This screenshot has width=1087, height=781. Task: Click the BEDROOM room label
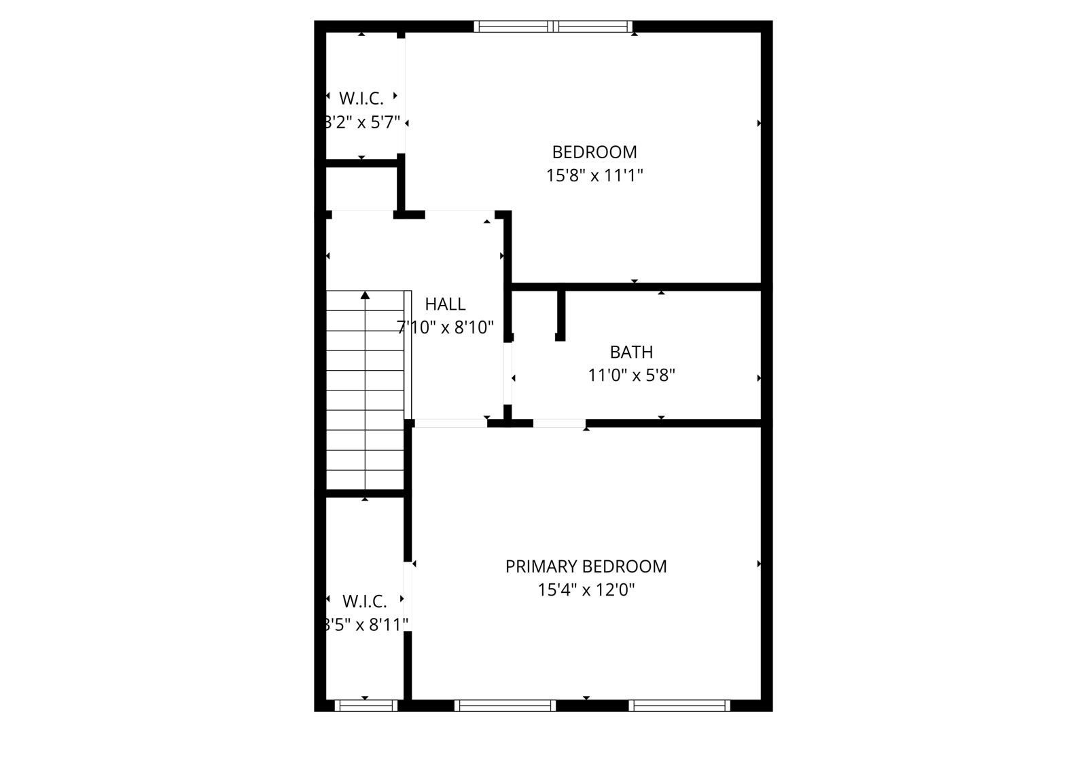(594, 151)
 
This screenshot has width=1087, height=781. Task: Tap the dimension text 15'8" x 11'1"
(594, 175)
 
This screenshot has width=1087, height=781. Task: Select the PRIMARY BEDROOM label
(586, 566)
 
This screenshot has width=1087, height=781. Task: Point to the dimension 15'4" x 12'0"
(586, 589)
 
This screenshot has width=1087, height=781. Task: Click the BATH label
(631, 352)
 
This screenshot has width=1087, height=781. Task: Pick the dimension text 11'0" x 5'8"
(631, 375)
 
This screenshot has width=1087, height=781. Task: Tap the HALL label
(445, 304)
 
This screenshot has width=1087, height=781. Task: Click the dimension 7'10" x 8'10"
(445, 327)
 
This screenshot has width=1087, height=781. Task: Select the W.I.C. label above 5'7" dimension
(361, 98)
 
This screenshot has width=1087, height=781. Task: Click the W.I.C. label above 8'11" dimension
(364, 601)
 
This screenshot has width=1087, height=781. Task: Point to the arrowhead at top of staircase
(365, 295)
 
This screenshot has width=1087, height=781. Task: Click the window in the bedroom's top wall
(553, 26)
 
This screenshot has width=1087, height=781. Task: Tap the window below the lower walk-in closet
(366, 706)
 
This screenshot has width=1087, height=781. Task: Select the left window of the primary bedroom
(505, 706)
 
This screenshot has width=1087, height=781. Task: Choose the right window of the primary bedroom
(679, 706)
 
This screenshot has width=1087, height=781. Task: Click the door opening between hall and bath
(507, 374)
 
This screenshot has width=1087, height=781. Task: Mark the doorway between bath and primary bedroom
(559, 423)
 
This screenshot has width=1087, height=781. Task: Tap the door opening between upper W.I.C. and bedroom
(402, 95)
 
